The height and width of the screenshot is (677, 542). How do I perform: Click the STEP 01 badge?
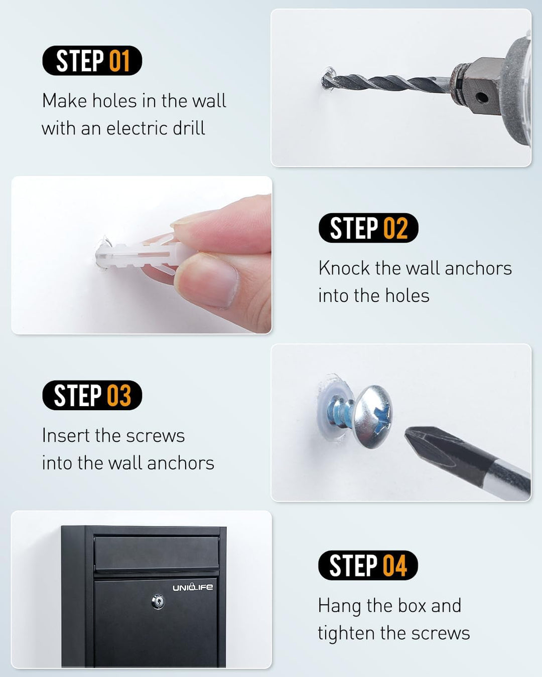point(92,60)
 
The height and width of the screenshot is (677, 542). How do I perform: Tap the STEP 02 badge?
point(368,228)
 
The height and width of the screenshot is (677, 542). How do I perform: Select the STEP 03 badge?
point(92,395)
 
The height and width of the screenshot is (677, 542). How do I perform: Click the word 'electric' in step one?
point(137,128)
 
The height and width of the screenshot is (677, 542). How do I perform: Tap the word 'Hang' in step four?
point(339,606)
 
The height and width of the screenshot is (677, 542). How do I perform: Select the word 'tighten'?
point(346,633)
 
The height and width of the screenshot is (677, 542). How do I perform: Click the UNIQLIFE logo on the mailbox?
point(192,587)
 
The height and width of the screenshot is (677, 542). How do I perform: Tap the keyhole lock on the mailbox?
point(158,601)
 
